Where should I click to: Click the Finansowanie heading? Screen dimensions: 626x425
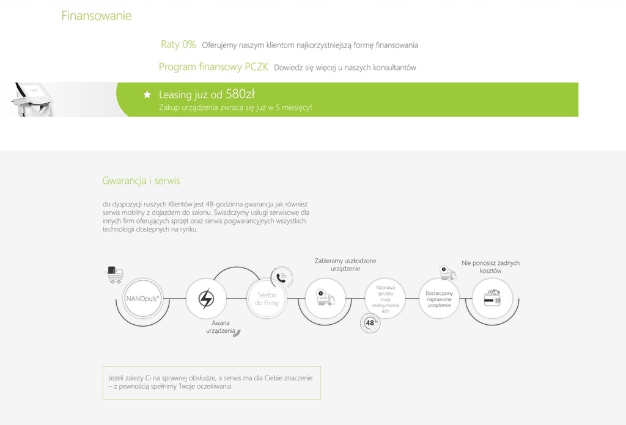[96, 15]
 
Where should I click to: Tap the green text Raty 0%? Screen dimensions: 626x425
[178, 44]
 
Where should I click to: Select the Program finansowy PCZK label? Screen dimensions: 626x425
[213, 67]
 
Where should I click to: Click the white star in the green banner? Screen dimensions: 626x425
[147, 95]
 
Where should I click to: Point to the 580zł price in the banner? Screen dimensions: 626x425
[240, 93]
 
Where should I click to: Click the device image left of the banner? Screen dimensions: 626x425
[34, 100]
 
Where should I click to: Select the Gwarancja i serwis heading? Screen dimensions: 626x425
[141, 181]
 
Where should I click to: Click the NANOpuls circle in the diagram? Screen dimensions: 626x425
[142, 298]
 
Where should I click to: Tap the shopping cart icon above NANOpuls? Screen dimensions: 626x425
[115, 275]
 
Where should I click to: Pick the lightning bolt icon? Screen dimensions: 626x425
[206, 299]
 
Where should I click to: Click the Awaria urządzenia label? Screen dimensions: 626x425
[220, 327]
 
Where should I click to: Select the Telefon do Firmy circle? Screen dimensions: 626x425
[267, 299]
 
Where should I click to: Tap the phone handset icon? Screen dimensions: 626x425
[281, 278]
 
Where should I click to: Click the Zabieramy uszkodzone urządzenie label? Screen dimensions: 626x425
[345, 265]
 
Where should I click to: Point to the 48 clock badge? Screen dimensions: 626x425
[370, 323]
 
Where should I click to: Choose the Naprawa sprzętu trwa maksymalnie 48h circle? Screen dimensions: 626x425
[385, 299]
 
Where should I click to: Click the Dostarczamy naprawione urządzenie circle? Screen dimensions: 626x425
[439, 299]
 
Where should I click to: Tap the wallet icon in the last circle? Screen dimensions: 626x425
[492, 298]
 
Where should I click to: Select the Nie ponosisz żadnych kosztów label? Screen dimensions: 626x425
[491, 267]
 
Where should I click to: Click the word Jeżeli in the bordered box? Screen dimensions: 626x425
[116, 378]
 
